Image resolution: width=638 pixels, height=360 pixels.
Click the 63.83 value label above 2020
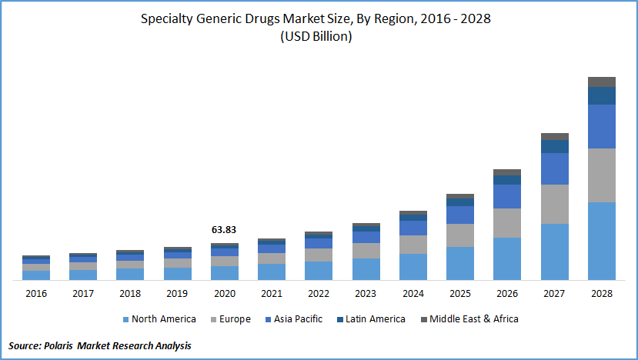click(x=225, y=230)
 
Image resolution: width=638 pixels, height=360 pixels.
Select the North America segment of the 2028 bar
click(x=602, y=241)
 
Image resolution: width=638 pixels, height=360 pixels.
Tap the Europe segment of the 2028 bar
click(x=602, y=175)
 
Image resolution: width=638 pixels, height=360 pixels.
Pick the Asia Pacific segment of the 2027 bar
click(x=555, y=168)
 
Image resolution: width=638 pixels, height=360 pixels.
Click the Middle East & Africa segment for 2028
click(x=602, y=82)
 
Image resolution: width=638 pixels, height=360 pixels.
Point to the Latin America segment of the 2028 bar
click(x=602, y=95)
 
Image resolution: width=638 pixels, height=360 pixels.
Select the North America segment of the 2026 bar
click(x=507, y=258)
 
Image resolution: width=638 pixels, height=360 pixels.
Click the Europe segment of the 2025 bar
click(x=460, y=235)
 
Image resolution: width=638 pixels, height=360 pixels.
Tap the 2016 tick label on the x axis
click(x=36, y=294)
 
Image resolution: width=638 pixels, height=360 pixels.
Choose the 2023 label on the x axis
click(x=366, y=294)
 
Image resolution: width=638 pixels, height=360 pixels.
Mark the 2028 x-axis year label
click(x=602, y=294)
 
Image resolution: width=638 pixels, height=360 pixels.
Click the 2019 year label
click(x=177, y=294)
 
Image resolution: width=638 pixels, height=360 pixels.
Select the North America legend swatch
click(x=125, y=319)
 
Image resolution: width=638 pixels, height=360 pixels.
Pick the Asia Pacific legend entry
click(x=297, y=319)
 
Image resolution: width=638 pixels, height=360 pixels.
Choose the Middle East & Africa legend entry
click(x=473, y=319)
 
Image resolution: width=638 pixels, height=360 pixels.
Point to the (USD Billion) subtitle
click(x=317, y=37)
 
